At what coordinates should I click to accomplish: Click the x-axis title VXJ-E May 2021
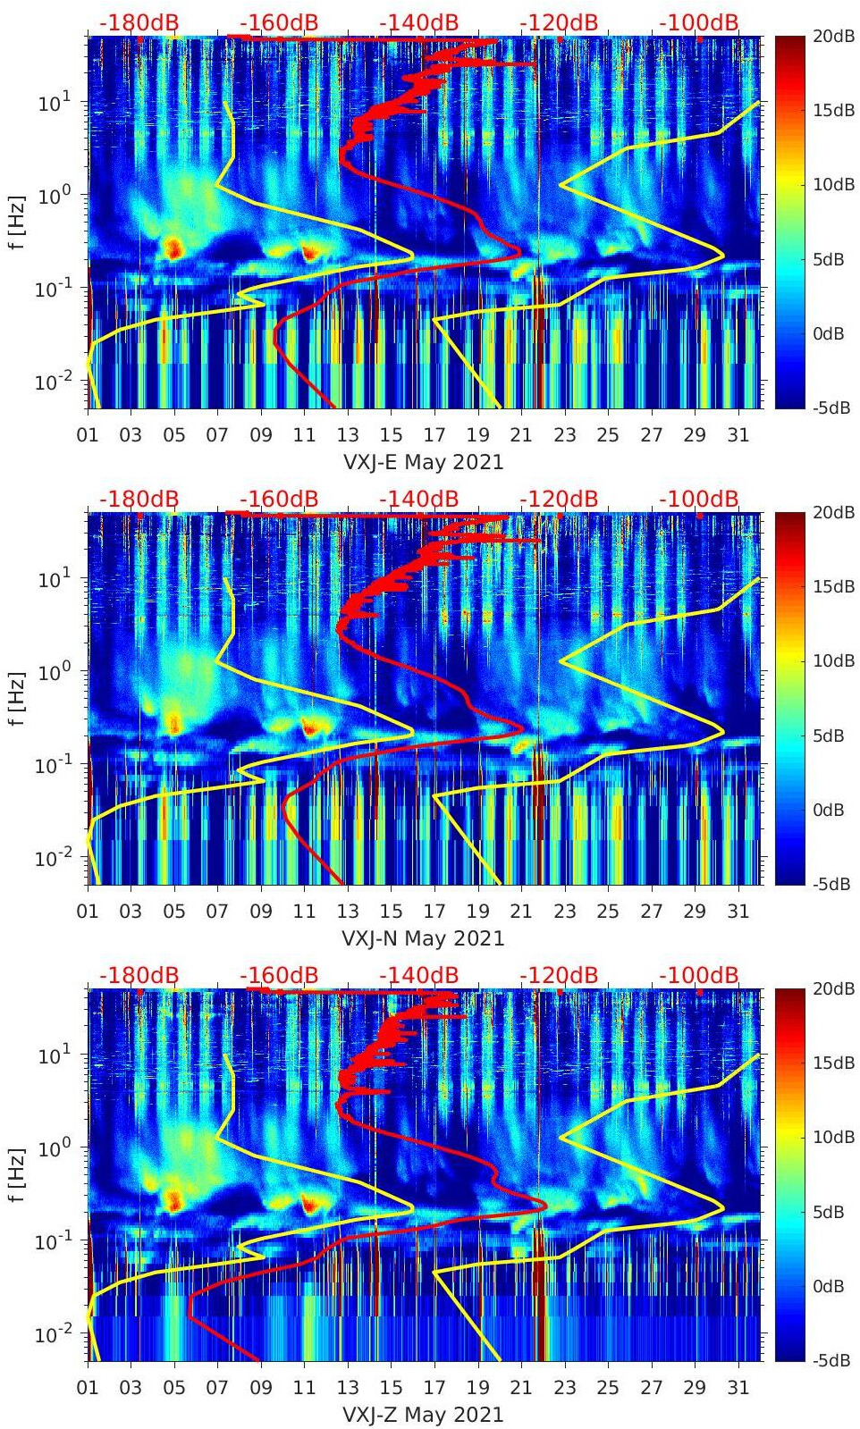[x=423, y=462]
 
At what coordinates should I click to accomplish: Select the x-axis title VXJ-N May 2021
[x=423, y=938]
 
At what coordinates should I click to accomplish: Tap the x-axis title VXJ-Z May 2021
[x=423, y=1415]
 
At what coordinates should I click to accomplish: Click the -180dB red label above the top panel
[x=139, y=22]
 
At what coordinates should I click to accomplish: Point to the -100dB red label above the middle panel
[x=699, y=499]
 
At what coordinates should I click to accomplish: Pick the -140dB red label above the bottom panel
[x=418, y=975]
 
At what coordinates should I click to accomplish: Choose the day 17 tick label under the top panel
[x=434, y=435]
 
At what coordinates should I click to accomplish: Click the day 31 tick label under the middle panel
[x=738, y=912]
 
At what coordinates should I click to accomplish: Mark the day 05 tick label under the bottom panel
[x=174, y=1388]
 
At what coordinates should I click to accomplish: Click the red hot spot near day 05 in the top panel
[x=173, y=248]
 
